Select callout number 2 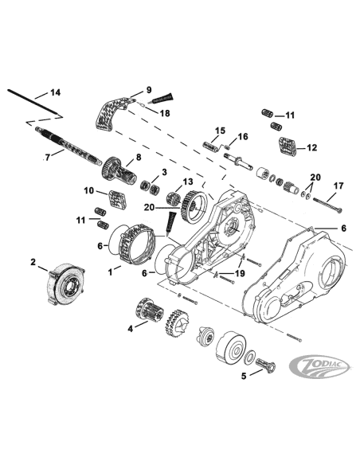pos(33,261)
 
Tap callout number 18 pos(165,114)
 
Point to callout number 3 pos(164,172)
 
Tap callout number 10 pos(89,190)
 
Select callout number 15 pos(221,131)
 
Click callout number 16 pos(243,137)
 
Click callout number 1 pos(112,271)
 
